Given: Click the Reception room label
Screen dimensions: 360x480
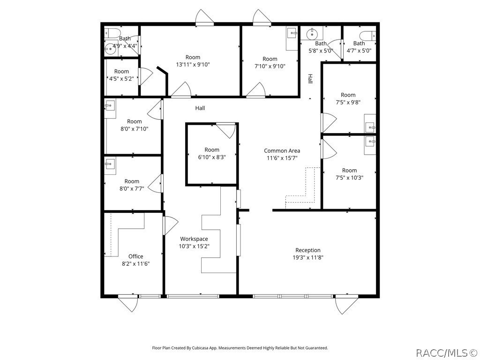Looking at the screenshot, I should [308, 250].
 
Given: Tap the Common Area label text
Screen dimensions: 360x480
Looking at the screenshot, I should [282, 151].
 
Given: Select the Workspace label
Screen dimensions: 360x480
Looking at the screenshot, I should [194, 239].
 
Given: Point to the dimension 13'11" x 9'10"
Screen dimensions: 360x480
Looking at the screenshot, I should [193, 65].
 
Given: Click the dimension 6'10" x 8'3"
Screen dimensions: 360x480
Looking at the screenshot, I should [212, 157].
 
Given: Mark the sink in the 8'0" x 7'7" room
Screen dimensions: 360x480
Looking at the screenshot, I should [111, 164].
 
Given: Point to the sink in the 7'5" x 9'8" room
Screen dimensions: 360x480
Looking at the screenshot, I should [370, 127].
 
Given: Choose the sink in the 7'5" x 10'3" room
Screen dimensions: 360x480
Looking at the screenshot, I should [371, 141].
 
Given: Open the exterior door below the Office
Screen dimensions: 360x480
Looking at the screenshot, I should [128, 304].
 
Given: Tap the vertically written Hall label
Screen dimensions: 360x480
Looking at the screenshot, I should [310, 79].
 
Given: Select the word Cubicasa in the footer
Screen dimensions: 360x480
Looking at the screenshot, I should [197, 348].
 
